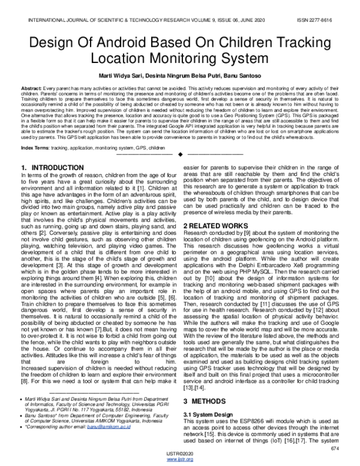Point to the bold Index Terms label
coord(35,147)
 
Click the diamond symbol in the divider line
coord(180,155)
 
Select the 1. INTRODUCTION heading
coord(52,167)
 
